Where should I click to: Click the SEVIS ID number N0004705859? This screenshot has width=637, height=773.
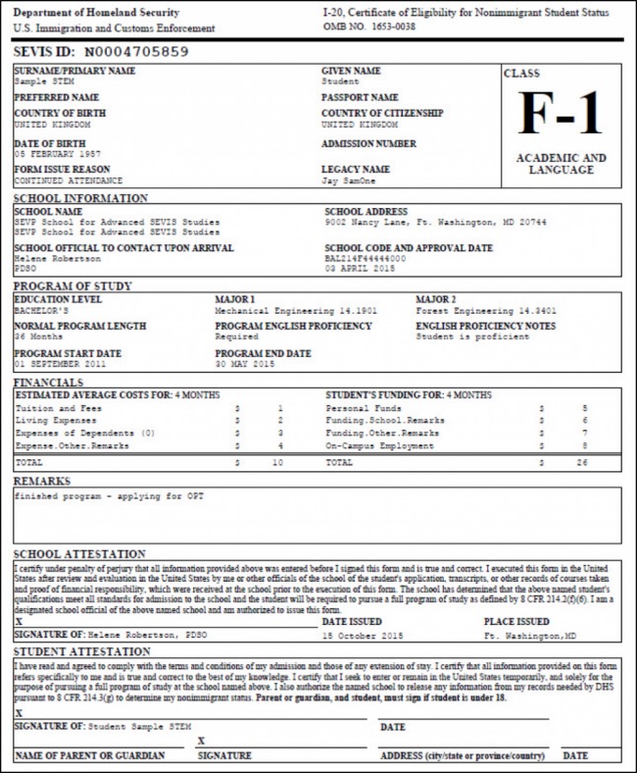click(x=135, y=51)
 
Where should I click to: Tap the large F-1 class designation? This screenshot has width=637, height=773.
click(x=561, y=114)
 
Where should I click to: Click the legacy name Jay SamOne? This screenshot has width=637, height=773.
click(x=349, y=180)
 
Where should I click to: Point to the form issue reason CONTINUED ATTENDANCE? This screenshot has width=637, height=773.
click(x=68, y=180)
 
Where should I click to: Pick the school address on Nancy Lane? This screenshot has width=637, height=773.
click(x=435, y=222)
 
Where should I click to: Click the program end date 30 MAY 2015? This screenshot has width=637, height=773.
click(x=247, y=364)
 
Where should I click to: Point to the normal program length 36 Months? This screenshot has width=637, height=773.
click(x=38, y=336)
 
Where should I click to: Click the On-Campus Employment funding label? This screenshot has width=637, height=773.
click(x=379, y=445)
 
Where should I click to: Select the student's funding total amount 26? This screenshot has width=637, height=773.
click(x=583, y=460)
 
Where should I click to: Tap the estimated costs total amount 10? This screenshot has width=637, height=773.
click(x=277, y=460)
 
